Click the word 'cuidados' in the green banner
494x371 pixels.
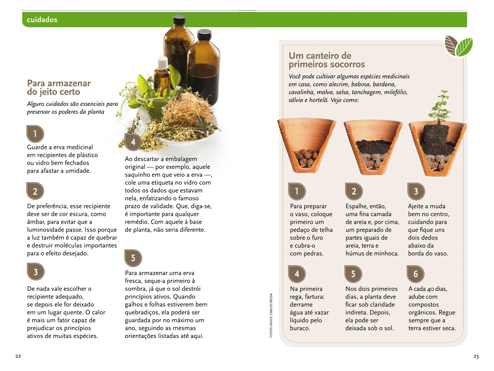pyautogui.click(x=42, y=20)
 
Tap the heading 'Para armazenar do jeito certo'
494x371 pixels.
pyautogui.click(x=59, y=88)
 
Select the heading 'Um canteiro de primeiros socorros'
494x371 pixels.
pyautogui.click(x=327, y=60)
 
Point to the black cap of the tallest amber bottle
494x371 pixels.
pyautogui.click(x=179, y=20)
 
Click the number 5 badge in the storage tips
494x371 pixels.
pyautogui.click(x=133, y=258)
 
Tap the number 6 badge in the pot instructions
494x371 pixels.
pyautogui.click(x=415, y=274)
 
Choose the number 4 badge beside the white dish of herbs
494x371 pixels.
pyautogui.click(x=133, y=142)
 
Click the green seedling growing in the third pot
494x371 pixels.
pyautogui.click(x=440, y=107)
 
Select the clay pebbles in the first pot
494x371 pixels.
pyautogui.click(x=306, y=158)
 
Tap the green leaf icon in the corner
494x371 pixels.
pyautogui.click(x=464, y=47)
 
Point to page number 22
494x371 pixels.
pyautogui.click(x=18, y=356)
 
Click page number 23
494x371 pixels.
pyautogui.click(x=476, y=357)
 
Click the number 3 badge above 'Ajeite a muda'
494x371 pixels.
pyautogui.click(x=416, y=191)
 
